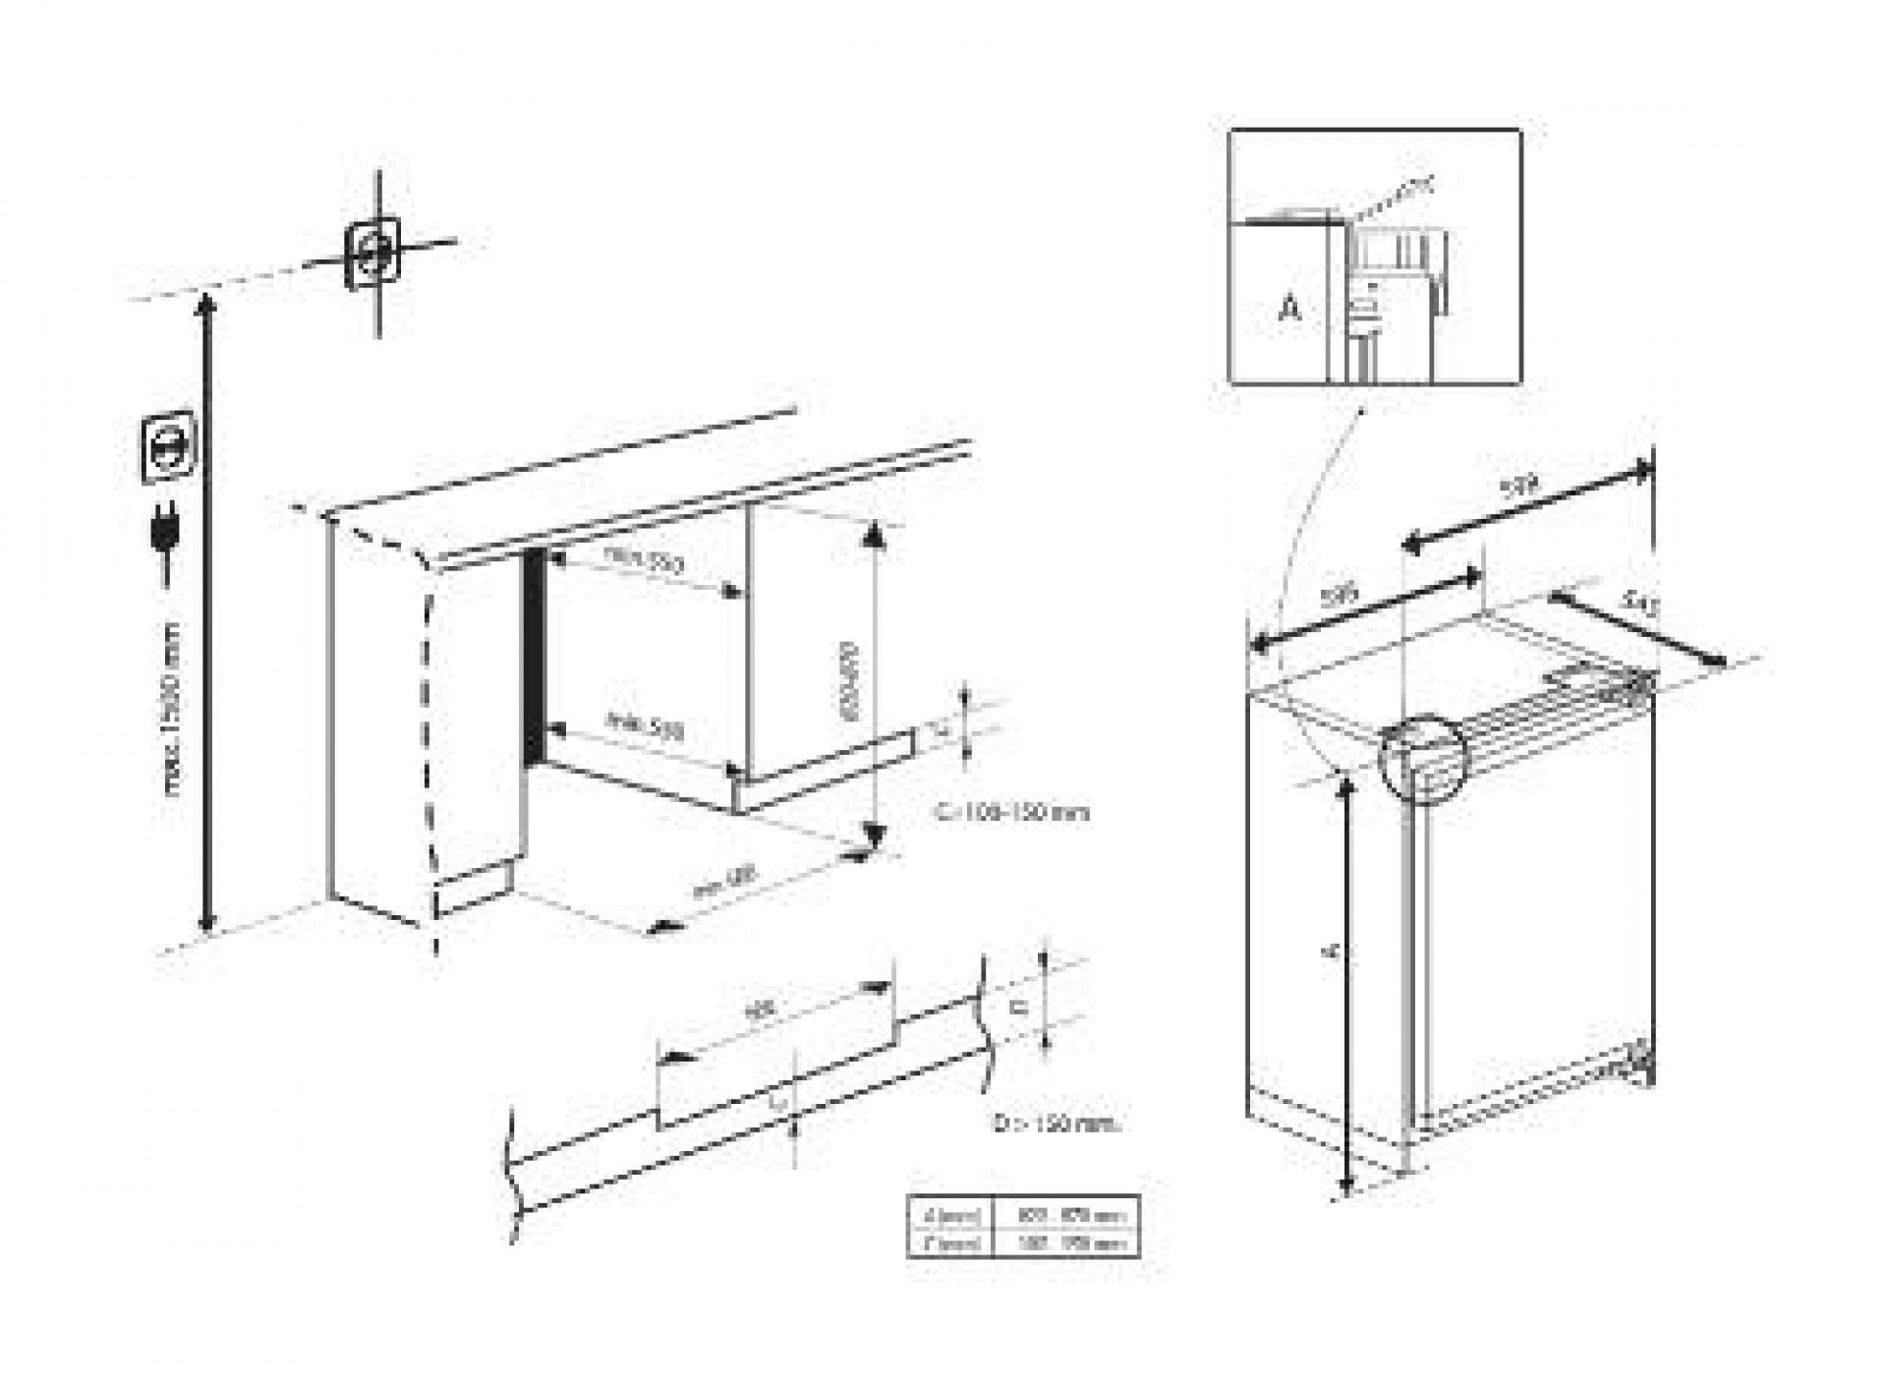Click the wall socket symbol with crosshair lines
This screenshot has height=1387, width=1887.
[x=374, y=253]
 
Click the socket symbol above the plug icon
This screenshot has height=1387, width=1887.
[x=167, y=448]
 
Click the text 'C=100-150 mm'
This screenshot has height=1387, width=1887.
[x=1011, y=813]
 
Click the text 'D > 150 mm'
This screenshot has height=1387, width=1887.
[x=1056, y=1124]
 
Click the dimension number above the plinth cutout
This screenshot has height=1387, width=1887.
[x=759, y=1009]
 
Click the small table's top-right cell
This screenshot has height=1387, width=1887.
[x=1065, y=1216]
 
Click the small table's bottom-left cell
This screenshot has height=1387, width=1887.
[x=950, y=1243]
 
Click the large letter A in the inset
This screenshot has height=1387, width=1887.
[x=1289, y=309]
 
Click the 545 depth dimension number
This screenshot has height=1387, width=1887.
[x=1637, y=602]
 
